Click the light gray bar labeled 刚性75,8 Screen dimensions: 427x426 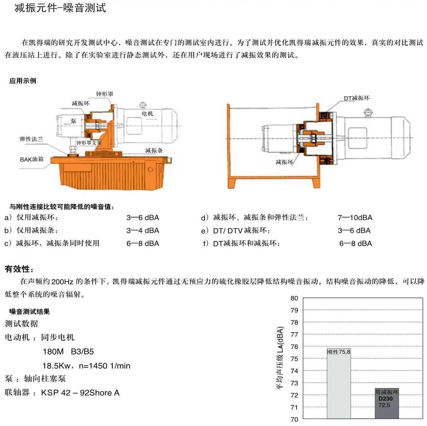339,383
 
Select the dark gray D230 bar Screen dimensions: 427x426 387,403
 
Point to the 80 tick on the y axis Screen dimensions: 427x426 294,298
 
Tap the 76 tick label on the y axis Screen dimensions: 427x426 294,347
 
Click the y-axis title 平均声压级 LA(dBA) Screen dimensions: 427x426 280,358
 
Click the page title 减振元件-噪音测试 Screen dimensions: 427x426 60,8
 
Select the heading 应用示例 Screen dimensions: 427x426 23,81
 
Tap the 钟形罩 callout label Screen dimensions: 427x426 105,94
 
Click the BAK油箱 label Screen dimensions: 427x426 32,159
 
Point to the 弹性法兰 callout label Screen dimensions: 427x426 31,139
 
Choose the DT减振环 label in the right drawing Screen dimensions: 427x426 357,98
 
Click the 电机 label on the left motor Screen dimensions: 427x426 147,114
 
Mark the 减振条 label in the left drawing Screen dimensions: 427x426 154,151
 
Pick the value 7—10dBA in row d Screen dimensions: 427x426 355,218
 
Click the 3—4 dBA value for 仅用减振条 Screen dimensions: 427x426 143,231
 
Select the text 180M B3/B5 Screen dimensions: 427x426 68,351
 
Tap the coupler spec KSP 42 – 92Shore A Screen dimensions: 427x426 80,393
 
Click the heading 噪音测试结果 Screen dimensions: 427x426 29,312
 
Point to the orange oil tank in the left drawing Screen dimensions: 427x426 111,172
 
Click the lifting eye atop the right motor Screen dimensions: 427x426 368,112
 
